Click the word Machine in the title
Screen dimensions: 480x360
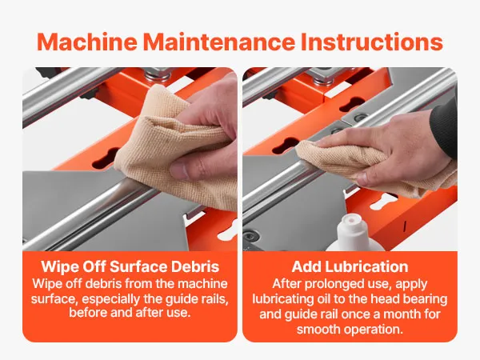87,42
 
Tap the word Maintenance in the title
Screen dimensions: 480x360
219,42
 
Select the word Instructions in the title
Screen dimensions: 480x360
372,42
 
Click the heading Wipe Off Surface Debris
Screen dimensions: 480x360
130,266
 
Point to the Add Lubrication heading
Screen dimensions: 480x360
350,266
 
